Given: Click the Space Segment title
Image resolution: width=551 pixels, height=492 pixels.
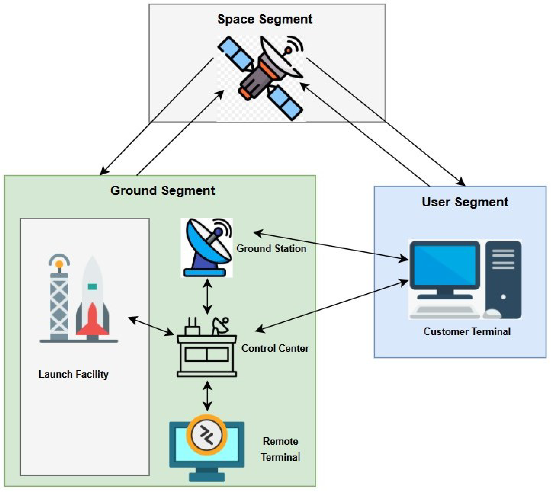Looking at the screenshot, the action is click(265, 19).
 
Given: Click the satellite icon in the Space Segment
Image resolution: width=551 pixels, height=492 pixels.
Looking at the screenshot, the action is click(261, 78).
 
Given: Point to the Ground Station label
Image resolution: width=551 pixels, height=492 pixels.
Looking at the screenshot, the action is click(271, 248).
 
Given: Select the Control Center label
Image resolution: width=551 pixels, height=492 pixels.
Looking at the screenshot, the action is click(275, 348).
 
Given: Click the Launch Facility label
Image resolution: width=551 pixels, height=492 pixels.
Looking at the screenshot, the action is click(74, 374).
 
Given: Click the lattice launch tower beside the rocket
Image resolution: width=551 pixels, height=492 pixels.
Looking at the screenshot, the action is click(59, 297).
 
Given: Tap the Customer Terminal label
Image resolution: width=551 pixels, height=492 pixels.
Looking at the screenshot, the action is click(467, 332).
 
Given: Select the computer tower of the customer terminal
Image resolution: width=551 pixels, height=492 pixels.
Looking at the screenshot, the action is click(503, 280).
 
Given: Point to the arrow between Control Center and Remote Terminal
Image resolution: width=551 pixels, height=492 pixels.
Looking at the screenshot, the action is click(207, 396).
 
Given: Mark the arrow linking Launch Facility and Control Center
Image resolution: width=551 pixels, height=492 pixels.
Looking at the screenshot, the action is click(151, 326).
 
